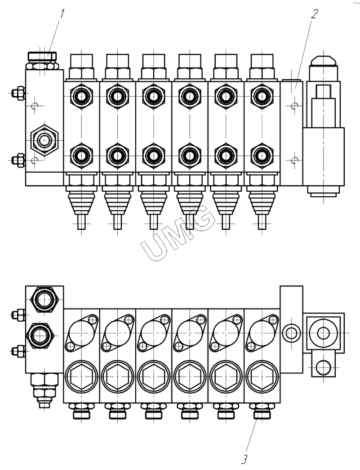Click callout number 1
pyautogui.click(x=62, y=13)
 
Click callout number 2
pyautogui.click(x=313, y=13)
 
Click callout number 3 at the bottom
pyautogui.click(x=244, y=459)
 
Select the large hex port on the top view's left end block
pyautogui.click(x=44, y=140)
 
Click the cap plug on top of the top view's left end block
pyautogui.click(x=42, y=56)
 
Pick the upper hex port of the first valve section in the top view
pyautogui.click(x=81, y=96)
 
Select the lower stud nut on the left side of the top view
pyautogui.click(x=18, y=159)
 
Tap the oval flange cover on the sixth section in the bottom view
pyautogui.click(x=261, y=333)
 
